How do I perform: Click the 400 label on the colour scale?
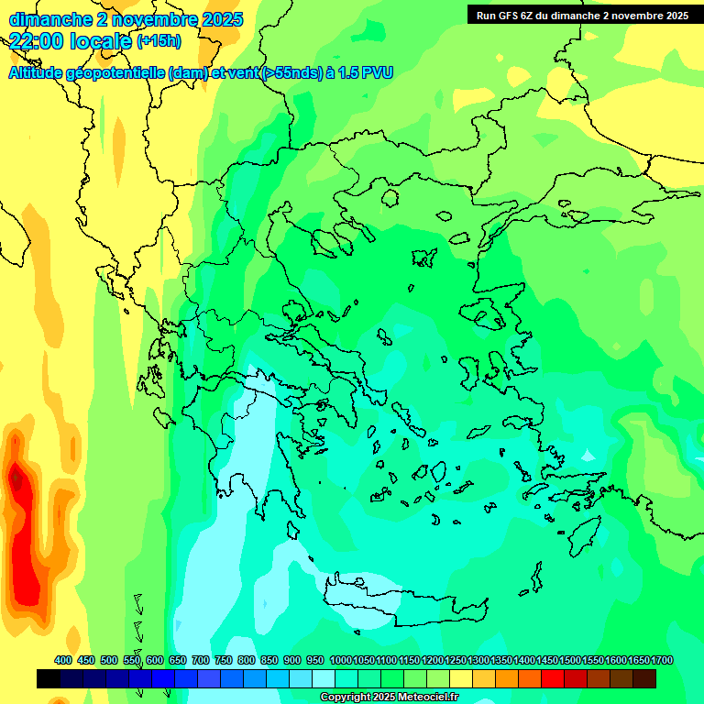coord(63,660)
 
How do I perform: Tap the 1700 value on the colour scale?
coord(662,660)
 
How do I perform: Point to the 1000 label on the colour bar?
coord(341,660)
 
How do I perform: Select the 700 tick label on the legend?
coord(201,660)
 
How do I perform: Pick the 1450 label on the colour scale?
coord(547,660)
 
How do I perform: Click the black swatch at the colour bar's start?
coord(49,678)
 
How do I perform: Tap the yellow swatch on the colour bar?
coord(461,678)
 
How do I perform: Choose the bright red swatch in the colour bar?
coord(553,678)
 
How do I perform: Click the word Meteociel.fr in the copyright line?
coord(434,698)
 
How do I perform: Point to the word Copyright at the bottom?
coord(347,698)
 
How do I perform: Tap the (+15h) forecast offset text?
coord(159,40)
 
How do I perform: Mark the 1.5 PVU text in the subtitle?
coord(365,72)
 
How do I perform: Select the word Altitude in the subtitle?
coord(37,72)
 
